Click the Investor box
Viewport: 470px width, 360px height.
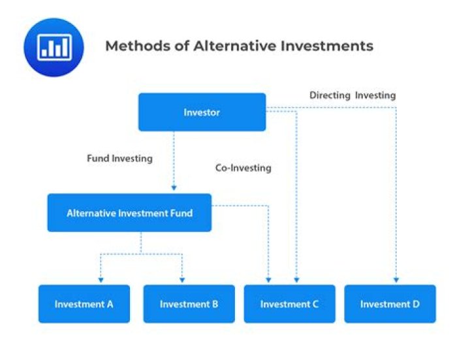(202, 112)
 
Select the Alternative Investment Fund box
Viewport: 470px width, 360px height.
(129, 213)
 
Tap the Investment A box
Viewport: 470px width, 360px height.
(84, 304)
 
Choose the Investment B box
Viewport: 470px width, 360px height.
(189, 304)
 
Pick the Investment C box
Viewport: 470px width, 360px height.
(289, 304)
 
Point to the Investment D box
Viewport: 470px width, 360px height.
(390, 304)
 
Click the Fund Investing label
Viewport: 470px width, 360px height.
(119, 158)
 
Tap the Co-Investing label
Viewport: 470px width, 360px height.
(243, 168)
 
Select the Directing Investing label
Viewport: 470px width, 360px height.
(352, 95)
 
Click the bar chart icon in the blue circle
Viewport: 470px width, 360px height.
(54, 47)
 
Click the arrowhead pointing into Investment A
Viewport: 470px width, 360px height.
(100, 281)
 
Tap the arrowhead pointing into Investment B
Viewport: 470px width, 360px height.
(182, 281)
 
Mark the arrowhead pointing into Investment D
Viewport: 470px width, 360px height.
(396, 281)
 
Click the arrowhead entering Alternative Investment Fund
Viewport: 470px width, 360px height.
(174, 189)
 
